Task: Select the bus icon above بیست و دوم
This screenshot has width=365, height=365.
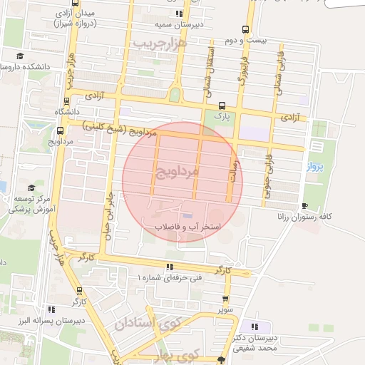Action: click(x=245, y=29)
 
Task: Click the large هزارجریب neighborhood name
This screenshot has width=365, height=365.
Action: click(x=158, y=44)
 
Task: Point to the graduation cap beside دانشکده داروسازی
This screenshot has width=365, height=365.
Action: click(x=21, y=56)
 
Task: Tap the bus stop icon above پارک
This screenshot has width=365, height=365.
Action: click(x=222, y=104)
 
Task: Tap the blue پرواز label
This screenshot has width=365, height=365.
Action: click(x=314, y=167)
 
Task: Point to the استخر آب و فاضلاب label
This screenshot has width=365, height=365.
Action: click(x=187, y=227)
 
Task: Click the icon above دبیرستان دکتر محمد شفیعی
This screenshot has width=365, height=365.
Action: click(x=255, y=327)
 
